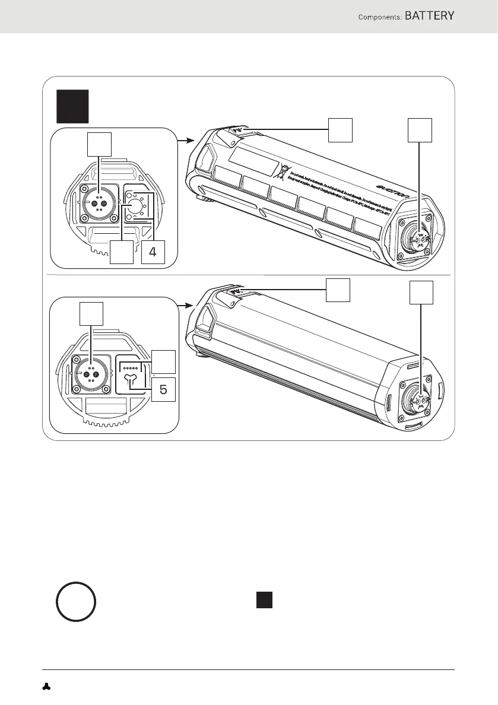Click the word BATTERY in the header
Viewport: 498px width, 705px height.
point(430,16)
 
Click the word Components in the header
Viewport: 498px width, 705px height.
point(378,17)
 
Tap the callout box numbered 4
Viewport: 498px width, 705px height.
point(153,252)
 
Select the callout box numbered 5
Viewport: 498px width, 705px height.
point(163,390)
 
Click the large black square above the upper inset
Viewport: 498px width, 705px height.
point(72,106)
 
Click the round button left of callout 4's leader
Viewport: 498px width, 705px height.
point(134,205)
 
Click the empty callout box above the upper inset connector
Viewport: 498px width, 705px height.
point(99,144)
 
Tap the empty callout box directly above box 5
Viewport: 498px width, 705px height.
point(163,362)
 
